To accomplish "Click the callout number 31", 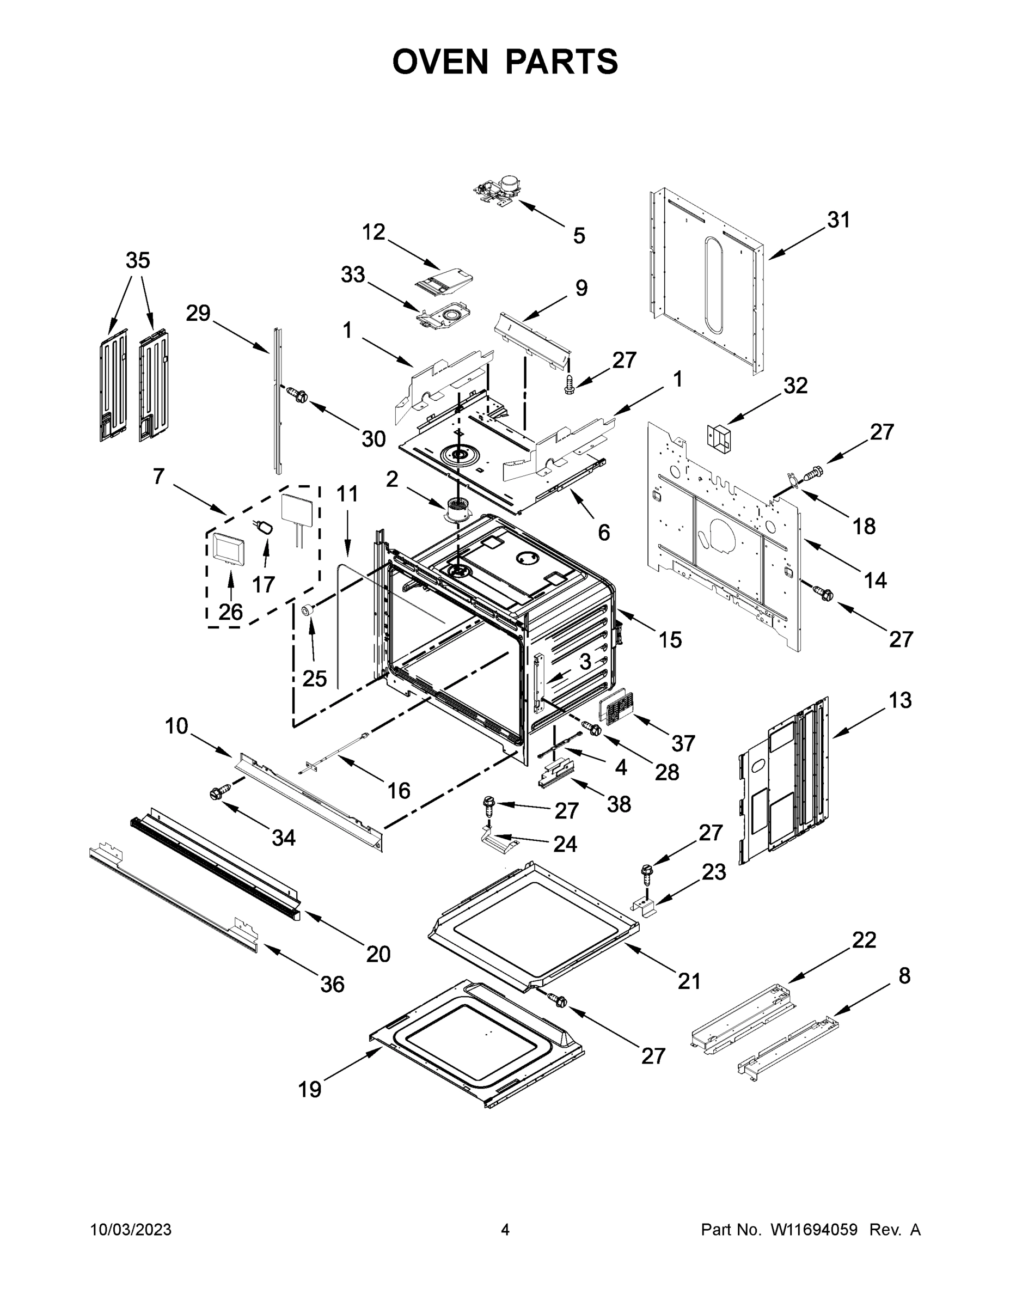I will [x=838, y=220].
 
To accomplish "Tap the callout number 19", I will [x=309, y=1090].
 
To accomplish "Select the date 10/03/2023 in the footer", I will [x=131, y=1230].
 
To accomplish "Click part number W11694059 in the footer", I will [x=814, y=1230].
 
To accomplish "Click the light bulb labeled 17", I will [x=265, y=527].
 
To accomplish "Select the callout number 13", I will [x=900, y=700].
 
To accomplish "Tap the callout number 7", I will [x=158, y=477].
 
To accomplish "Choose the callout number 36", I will [x=332, y=984].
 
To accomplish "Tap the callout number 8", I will [x=904, y=975].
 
